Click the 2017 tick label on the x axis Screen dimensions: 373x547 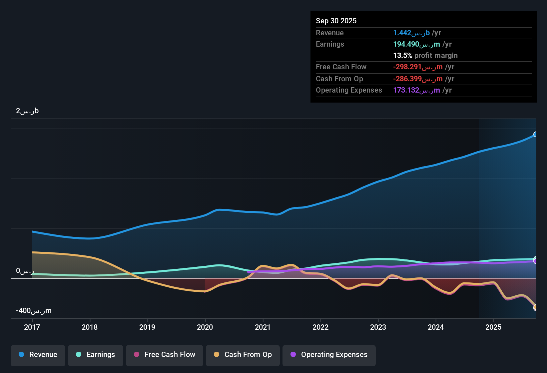coord(32,327)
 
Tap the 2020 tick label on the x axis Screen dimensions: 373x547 coord(205,327)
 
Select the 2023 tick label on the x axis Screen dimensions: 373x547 coord(378,327)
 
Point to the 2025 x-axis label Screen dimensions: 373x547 coord(493,327)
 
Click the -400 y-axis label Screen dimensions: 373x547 coord(34,311)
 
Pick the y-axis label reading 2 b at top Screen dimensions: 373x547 coord(27,111)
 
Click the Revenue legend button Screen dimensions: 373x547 coord(38,355)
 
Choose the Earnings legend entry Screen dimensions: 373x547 coord(96,355)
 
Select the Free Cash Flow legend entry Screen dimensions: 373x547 coord(165,355)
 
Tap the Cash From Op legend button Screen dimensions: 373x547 coord(243,355)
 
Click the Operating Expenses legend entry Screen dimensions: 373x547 coord(329,355)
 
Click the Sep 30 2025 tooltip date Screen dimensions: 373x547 coord(336,21)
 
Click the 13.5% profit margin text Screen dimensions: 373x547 coord(425,56)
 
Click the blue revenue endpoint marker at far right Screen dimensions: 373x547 coord(536,134)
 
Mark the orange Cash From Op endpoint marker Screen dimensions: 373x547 coord(536,307)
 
